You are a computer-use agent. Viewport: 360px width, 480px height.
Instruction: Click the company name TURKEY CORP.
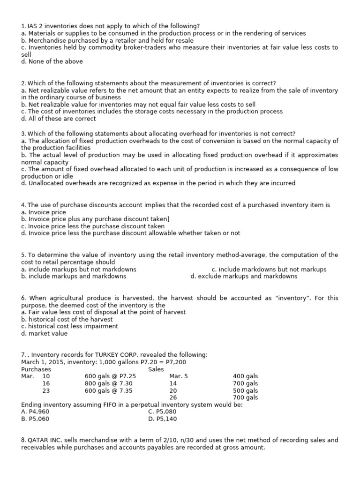click(x=99, y=355)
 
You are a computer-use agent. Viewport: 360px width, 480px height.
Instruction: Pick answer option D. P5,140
click(x=163, y=419)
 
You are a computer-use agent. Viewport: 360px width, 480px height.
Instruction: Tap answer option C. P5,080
click(x=163, y=412)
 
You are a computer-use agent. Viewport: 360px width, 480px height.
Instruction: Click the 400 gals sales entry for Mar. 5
click(x=245, y=376)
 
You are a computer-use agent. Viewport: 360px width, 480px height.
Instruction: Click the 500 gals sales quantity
click(x=245, y=390)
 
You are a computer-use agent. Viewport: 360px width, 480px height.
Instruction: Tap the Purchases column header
click(x=36, y=369)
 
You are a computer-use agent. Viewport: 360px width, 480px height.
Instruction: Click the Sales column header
click(x=156, y=369)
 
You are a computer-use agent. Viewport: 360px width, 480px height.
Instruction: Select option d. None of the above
click(x=52, y=61)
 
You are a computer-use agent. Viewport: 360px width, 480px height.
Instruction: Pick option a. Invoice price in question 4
click(x=44, y=212)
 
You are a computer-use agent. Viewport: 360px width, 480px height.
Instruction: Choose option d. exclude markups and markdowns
click(x=244, y=276)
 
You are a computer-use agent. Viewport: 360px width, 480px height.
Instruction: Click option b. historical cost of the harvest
click(x=67, y=319)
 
